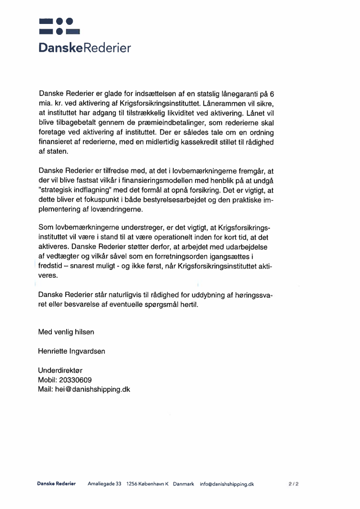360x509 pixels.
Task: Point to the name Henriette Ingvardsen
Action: coord(71,351)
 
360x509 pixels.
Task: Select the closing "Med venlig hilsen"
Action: coord(66,332)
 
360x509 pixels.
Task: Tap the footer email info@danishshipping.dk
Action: coord(227,484)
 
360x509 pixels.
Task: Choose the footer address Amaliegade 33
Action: coord(104,484)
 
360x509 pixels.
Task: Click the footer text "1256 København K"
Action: coord(147,484)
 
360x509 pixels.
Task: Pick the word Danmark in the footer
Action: coord(183,484)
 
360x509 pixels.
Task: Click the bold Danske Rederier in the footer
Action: coord(57,484)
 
